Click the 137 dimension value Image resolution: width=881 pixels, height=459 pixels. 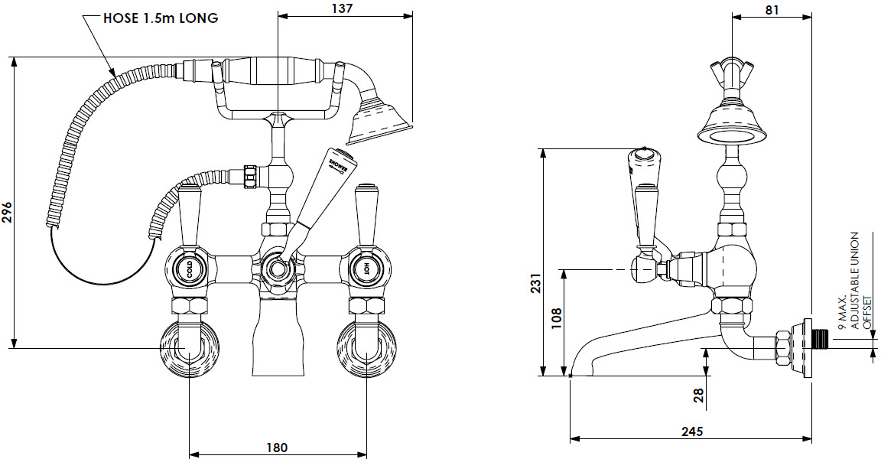[343, 8]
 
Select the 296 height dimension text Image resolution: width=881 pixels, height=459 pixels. [7, 212]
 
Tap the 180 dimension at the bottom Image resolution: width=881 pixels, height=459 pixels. [277, 447]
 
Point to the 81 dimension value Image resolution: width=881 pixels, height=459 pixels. [772, 9]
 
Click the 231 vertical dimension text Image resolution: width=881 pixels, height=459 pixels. [535, 284]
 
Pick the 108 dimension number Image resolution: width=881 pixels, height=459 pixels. [556, 316]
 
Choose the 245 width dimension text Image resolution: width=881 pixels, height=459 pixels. [691, 431]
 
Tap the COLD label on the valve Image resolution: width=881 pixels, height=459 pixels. [186, 269]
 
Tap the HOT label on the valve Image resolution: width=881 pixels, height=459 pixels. [366, 269]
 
